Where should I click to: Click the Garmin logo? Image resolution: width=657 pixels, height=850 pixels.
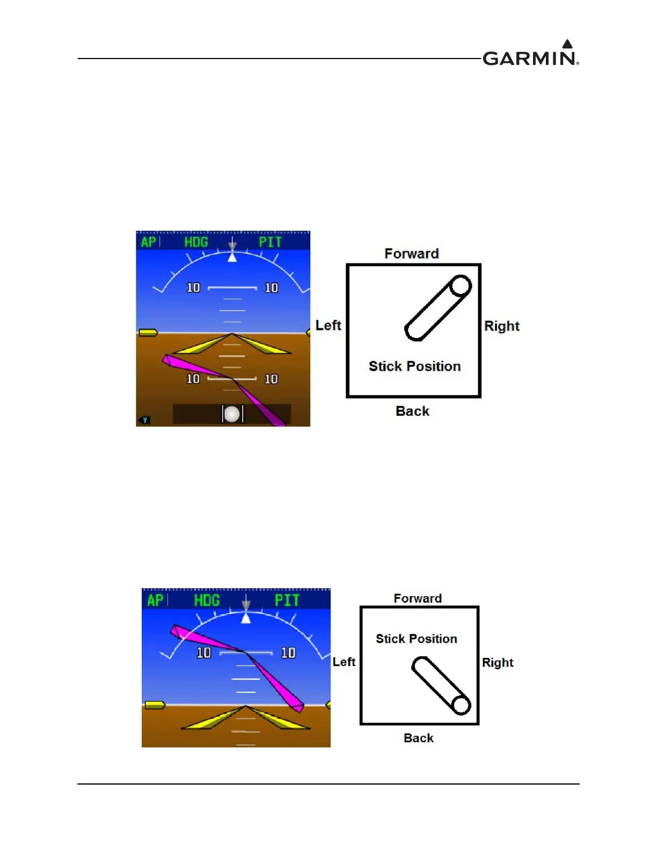(530, 54)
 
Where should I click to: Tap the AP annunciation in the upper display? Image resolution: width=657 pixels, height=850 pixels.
(148, 242)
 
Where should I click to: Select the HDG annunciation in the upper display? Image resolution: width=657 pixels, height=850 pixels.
(196, 242)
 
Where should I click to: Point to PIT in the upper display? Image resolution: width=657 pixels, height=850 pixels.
(270, 242)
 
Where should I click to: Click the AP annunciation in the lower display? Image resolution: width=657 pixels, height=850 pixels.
(155, 600)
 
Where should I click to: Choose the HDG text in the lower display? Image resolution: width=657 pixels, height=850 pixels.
(207, 600)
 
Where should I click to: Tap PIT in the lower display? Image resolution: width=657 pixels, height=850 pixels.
(287, 600)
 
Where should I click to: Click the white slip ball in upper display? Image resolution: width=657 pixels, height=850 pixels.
(232, 414)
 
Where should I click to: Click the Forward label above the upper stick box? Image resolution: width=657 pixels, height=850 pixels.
(412, 253)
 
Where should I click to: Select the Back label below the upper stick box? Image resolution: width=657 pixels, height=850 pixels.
(412, 411)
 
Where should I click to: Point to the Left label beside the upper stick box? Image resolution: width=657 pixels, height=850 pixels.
(328, 325)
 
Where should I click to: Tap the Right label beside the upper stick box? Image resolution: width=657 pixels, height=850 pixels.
(502, 326)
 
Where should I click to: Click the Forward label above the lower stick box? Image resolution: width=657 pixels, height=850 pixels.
(418, 598)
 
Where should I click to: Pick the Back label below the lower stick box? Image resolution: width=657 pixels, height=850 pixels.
(419, 738)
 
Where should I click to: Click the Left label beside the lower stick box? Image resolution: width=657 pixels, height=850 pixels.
(344, 662)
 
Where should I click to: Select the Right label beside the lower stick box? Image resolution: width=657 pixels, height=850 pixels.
(498, 662)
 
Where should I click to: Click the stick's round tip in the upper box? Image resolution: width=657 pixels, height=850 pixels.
(460, 285)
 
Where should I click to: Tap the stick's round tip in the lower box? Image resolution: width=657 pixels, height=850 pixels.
(461, 705)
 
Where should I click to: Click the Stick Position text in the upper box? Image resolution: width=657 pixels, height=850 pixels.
(414, 366)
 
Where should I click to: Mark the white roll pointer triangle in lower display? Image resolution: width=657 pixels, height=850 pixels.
(246, 618)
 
